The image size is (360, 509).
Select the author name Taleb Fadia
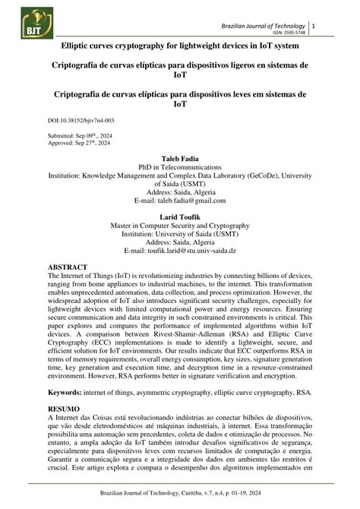pyautogui.click(x=179, y=157)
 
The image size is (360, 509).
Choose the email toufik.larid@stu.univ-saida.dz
pyautogui.click(x=206, y=251)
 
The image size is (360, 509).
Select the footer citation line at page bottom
pyautogui.click(x=179, y=496)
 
